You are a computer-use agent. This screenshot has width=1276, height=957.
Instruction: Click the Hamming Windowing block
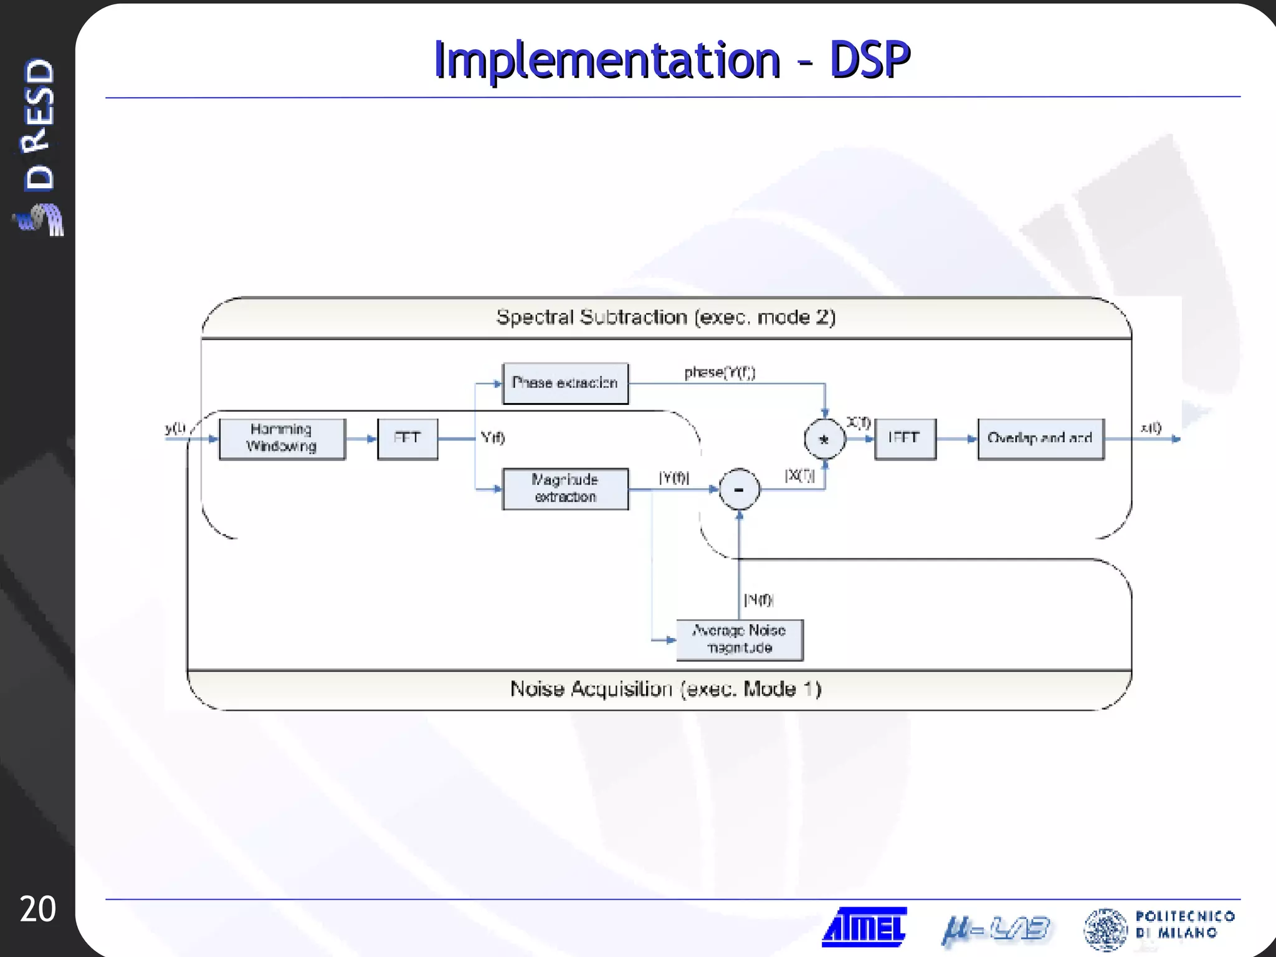pyautogui.click(x=282, y=439)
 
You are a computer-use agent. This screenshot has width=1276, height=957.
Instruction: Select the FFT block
pyautogui.click(x=407, y=439)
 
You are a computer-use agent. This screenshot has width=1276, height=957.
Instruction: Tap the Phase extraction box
pyautogui.click(x=565, y=383)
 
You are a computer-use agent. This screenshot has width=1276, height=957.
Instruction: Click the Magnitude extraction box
pyautogui.click(x=565, y=489)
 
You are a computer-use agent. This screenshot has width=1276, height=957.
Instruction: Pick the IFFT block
pyautogui.click(x=905, y=439)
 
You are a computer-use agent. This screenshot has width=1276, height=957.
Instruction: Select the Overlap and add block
pyautogui.click(x=1040, y=439)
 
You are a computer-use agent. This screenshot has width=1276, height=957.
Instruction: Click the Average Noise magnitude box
pyautogui.click(x=740, y=640)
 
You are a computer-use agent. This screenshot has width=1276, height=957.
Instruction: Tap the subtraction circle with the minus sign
pyautogui.click(x=739, y=490)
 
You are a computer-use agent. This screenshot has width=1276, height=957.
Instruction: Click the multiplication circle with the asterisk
pyautogui.click(x=824, y=439)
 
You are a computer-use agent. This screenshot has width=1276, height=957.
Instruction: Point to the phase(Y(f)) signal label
pyautogui.click(x=720, y=373)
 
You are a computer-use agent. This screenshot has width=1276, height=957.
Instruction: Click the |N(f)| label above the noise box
pyautogui.click(x=758, y=599)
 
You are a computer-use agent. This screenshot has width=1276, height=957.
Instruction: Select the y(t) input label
pyautogui.click(x=176, y=428)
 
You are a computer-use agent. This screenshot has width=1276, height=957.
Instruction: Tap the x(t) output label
pyautogui.click(x=1151, y=428)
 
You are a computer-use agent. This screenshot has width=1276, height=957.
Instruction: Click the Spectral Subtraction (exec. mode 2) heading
pyautogui.click(x=665, y=317)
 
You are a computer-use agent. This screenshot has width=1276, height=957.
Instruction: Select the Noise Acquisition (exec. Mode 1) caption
pyautogui.click(x=665, y=689)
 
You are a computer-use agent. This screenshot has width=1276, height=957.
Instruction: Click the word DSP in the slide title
pyautogui.click(x=870, y=60)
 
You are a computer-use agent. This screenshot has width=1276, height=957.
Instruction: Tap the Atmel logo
pyautogui.click(x=864, y=927)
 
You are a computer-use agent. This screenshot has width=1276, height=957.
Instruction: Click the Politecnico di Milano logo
pyautogui.click(x=1159, y=928)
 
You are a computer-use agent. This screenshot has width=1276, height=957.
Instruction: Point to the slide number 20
pyautogui.click(x=37, y=909)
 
